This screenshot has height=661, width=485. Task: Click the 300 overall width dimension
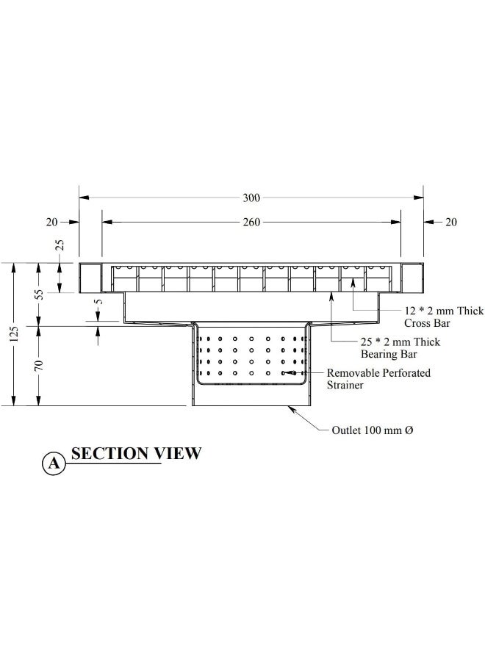[x=251, y=198]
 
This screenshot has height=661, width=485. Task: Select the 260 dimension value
[x=251, y=222]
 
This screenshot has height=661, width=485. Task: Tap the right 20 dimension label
[x=451, y=222]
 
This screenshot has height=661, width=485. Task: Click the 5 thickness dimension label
[x=99, y=300]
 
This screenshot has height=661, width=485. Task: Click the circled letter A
[x=53, y=463]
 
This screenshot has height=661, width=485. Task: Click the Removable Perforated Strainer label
[x=378, y=379]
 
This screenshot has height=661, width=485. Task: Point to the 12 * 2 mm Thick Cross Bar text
[x=423, y=317]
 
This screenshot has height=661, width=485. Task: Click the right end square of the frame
[x=412, y=278]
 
